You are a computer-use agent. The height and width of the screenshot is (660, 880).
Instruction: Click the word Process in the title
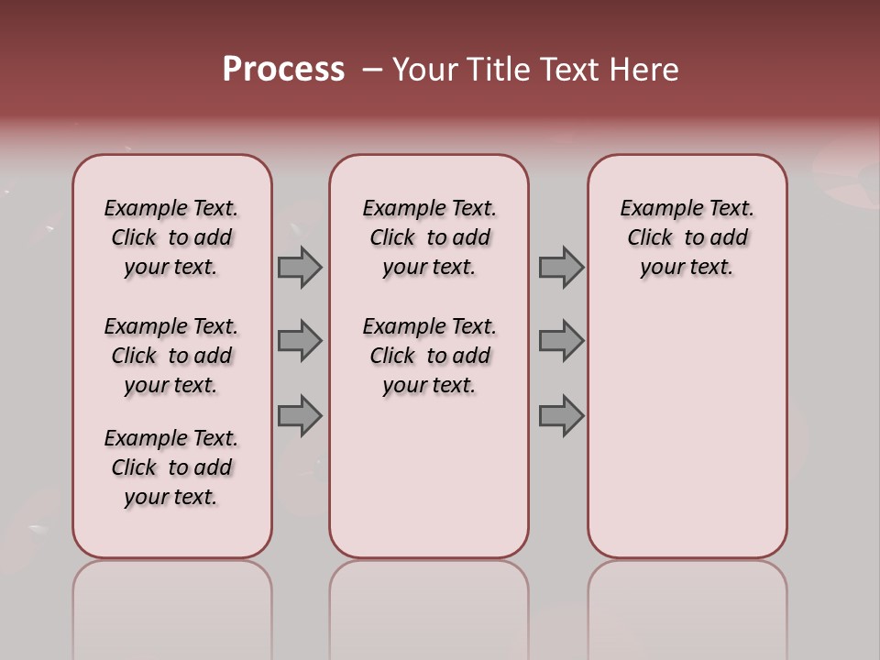coord(283,70)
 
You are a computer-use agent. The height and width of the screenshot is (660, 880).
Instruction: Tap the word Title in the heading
coord(495,70)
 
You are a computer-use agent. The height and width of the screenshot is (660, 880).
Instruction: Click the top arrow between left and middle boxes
coord(300,267)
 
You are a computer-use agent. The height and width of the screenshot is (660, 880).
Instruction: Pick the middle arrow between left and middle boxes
coord(300,341)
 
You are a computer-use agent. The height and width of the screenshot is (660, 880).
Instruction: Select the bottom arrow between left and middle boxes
coord(300,415)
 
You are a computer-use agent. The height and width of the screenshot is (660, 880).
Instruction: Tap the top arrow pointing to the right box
coord(561,267)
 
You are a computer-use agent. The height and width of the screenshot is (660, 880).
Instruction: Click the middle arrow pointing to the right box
coord(561,341)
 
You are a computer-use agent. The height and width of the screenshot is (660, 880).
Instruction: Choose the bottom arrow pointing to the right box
coord(561,415)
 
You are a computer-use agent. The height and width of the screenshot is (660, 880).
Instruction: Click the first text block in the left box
coord(171,237)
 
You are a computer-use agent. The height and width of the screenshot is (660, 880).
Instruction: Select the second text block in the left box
coord(171,356)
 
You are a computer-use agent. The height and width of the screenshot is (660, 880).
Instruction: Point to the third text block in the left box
coord(171,467)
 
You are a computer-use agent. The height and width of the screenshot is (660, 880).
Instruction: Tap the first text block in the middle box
coord(430,237)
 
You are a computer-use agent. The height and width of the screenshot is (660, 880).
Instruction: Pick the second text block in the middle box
coord(430,356)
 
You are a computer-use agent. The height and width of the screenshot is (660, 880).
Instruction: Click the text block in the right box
coord(687,237)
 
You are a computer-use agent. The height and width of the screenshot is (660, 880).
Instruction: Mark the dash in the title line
coord(372,70)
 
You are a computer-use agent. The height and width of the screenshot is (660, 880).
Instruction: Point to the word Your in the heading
coord(423,70)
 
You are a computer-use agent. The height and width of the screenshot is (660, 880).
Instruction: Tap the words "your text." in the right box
coord(687,268)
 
